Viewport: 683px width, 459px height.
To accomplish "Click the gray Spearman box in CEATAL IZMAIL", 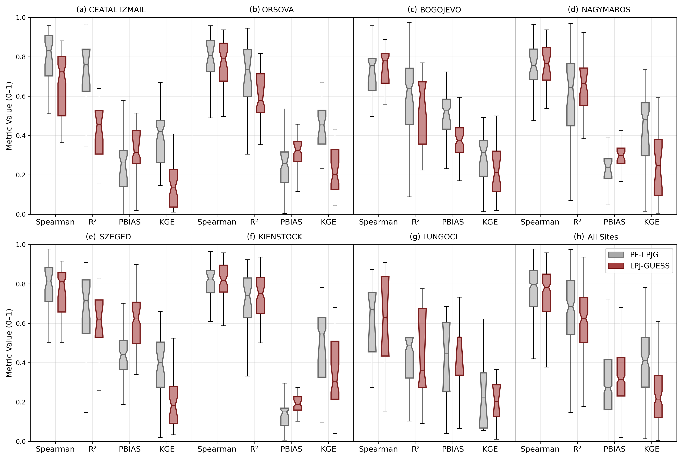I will pyautogui.click(x=49, y=56).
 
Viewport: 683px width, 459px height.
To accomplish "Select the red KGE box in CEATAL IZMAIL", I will pyautogui.click(x=173, y=188).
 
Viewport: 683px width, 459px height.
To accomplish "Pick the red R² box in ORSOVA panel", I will pyautogui.click(x=261, y=93).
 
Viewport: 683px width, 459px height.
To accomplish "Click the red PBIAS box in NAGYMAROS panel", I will pyautogui.click(x=621, y=156).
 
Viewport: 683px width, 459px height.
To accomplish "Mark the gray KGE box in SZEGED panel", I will pyautogui.click(x=160, y=364).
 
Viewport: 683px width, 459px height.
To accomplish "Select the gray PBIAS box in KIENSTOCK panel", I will pyautogui.click(x=285, y=416).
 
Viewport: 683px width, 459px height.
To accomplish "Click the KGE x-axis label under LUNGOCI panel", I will pyautogui.click(x=490, y=449).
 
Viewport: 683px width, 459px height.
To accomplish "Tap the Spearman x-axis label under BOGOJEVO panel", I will pyautogui.click(x=378, y=222).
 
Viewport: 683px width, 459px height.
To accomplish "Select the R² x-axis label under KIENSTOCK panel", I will pyautogui.click(x=254, y=449).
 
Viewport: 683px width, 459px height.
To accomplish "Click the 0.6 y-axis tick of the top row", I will pyautogui.click(x=21, y=96).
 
